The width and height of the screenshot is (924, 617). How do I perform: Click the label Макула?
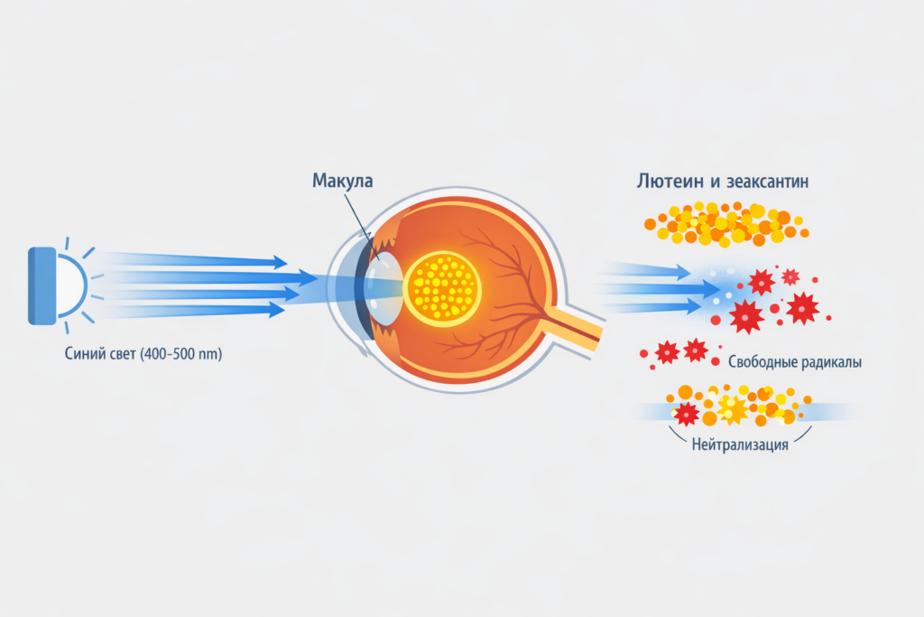(342, 181)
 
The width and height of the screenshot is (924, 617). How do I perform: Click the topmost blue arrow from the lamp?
(199, 261)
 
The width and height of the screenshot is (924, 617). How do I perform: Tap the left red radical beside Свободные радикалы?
(667, 352)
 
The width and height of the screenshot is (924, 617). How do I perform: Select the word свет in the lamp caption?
(126, 353)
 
